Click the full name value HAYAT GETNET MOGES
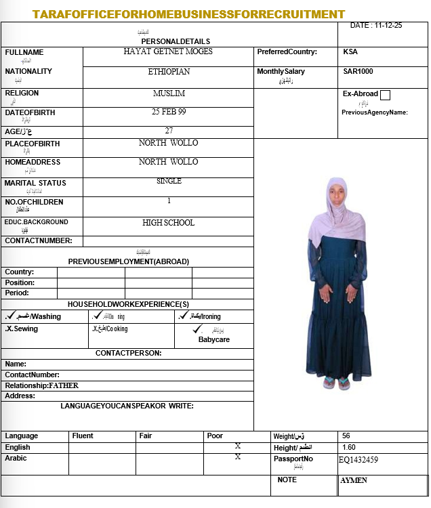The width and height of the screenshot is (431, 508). [168, 51]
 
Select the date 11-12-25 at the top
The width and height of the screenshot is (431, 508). [376, 25]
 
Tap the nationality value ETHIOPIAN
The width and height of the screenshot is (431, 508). [169, 71]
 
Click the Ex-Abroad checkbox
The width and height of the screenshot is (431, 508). [386, 95]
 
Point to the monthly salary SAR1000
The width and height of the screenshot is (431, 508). [358, 71]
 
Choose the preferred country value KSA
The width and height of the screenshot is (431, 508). [350, 51]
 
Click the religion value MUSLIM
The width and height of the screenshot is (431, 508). [169, 93]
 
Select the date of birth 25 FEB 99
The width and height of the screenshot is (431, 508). [169, 112]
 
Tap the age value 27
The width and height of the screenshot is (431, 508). [169, 130]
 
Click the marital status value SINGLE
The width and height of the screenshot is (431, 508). [169, 181]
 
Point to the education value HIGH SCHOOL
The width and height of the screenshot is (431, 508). [169, 222]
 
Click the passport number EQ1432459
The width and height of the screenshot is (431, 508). [358, 460]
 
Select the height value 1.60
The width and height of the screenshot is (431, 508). [349, 447]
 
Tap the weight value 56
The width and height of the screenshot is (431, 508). [346, 436]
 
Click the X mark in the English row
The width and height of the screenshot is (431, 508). [238, 446]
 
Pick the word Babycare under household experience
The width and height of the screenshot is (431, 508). [213, 339]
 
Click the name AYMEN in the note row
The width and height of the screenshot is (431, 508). [354, 480]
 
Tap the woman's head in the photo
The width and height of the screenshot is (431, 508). [336, 193]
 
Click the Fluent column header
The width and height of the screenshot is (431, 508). [83, 436]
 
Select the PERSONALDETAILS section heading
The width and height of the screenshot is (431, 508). [176, 41]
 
